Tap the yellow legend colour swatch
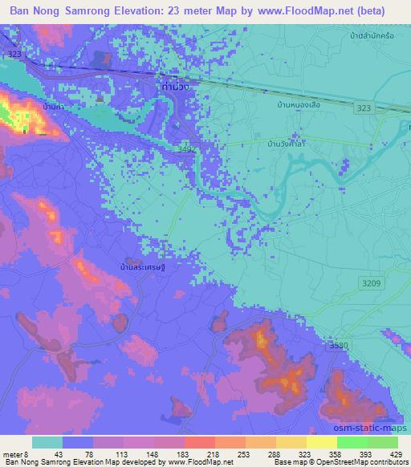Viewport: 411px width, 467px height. tap(321, 442)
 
